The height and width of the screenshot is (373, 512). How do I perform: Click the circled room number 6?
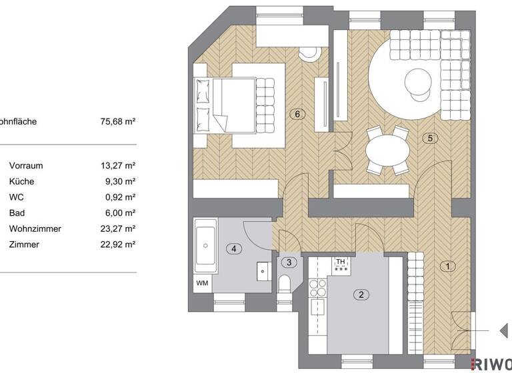[299, 114]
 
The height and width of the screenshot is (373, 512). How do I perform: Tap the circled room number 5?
[430, 139]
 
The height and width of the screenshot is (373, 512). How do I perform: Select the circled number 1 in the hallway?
[448, 266]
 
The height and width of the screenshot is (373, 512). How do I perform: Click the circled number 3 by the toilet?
[288, 262]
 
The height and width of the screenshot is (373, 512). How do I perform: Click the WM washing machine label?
[202, 283]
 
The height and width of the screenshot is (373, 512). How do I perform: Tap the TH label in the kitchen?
[341, 262]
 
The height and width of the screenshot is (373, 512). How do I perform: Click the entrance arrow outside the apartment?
[503, 330]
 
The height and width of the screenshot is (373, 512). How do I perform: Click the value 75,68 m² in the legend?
[117, 122]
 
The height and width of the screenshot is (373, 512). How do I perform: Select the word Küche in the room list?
[22, 181]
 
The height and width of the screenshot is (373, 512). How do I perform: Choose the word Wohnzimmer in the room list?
[35, 229]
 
